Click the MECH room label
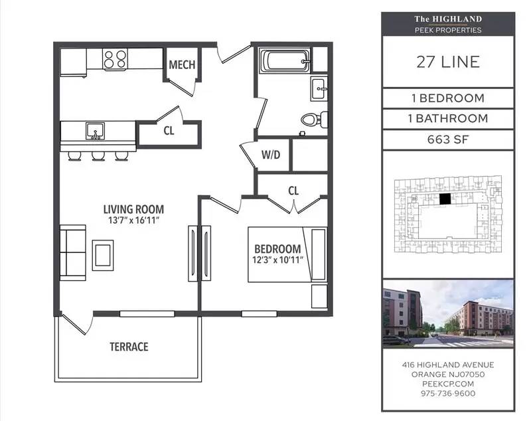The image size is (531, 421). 182,64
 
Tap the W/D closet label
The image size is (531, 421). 271,155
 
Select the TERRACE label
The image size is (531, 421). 129,347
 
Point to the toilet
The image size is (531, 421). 314,120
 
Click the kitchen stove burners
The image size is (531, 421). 115,58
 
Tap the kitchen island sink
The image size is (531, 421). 95,131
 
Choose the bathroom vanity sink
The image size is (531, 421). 319,89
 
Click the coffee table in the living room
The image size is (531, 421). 103,256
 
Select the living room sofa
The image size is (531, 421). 73,253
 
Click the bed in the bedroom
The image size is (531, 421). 287,254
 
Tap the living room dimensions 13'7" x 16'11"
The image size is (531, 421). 134,220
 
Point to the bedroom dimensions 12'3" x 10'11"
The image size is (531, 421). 277,260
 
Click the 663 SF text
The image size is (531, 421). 448,139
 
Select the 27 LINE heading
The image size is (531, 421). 448,62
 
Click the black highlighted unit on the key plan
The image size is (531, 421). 445,199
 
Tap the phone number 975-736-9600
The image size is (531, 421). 448,394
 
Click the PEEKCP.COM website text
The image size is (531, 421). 448,384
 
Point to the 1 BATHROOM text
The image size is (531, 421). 448,119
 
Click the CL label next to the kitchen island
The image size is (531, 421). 169,131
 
